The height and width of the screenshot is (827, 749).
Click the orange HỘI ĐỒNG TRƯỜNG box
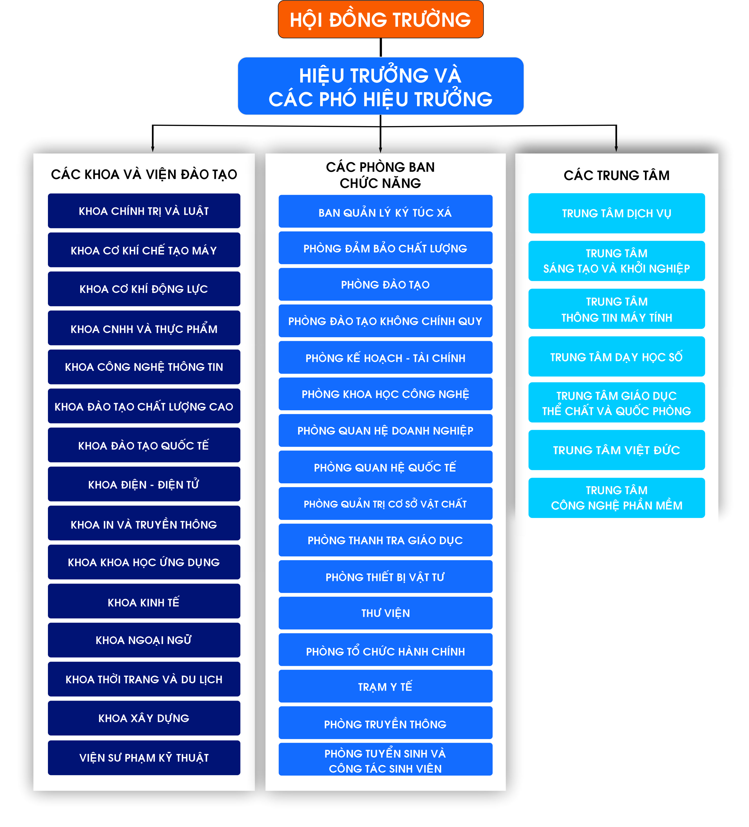coord(380,19)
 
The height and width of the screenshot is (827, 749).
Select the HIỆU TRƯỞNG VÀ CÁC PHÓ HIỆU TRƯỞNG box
coord(380,86)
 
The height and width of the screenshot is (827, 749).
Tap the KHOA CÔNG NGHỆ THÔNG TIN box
coord(144,367)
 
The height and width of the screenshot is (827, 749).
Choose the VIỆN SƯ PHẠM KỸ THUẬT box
coord(144,757)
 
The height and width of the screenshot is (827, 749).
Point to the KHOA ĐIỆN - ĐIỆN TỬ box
coord(144,484)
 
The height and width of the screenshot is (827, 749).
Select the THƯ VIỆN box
coord(385,613)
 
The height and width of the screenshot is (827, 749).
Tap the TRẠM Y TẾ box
coord(385,686)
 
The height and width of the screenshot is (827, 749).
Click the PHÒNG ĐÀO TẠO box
coord(385,284)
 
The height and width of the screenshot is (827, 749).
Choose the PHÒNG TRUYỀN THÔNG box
coord(385,723)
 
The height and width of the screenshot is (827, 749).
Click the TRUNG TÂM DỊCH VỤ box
coord(616,213)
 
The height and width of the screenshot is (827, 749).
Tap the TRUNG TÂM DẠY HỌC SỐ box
coord(616,356)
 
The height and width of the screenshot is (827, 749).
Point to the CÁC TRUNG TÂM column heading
coord(616,175)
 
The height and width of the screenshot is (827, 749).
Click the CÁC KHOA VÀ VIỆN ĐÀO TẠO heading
coord(144,174)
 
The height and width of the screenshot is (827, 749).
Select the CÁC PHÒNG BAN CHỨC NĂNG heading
coord(380,175)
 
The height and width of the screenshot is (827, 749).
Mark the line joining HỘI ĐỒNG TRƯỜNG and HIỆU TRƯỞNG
coord(381,48)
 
